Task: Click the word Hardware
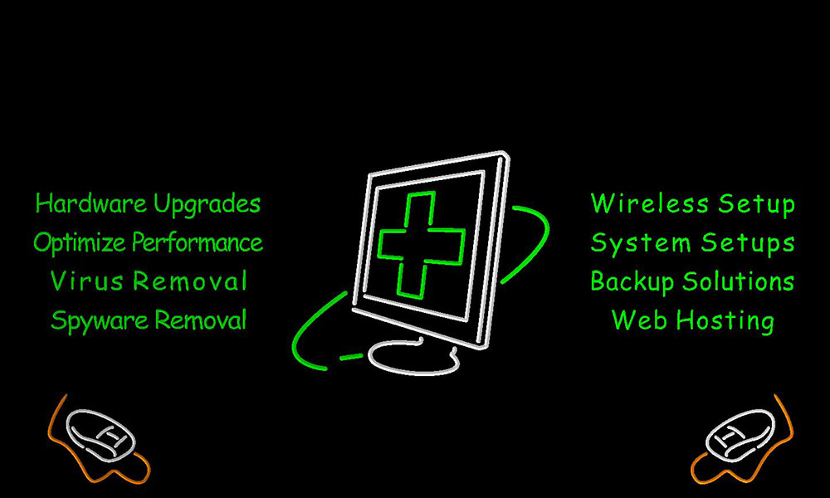(91, 203)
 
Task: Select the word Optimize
(80, 243)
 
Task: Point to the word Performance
(198, 242)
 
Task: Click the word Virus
(87, 281)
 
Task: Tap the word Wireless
(650, 203)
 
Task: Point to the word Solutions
(738, 281)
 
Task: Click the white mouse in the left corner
(100, 434)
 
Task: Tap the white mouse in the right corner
(740, 434)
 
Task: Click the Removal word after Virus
(189, 281)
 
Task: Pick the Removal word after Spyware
(201, 320)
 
